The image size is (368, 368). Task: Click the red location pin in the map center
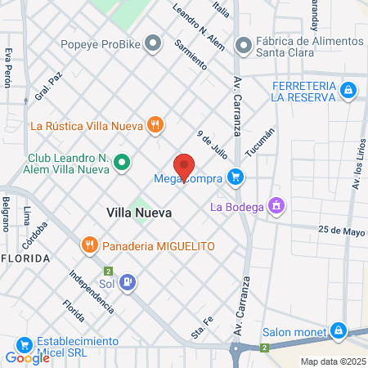(x=184, y=165)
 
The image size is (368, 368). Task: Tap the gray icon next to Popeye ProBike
(x=152, y=44)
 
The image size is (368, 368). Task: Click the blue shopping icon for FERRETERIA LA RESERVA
(x=348, y=88)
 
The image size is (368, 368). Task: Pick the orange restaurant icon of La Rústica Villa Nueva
(x=155, y=125)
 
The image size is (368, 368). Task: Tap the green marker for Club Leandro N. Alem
(x=122, y=163)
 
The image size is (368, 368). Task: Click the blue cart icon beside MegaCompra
(x=236, y=176)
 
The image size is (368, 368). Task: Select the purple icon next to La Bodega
(x=277, y=206)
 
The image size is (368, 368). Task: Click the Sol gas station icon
(x=128, y=284)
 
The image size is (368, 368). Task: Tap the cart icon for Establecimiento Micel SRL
(x=24, y=344)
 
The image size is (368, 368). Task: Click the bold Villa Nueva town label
(x=139, y=212)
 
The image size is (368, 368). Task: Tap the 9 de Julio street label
(x=211, y=145)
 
